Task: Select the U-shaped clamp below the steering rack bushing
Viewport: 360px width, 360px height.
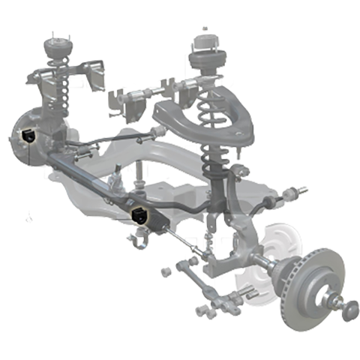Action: pos(138,241)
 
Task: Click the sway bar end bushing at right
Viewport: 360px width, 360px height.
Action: pos(289,194)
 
